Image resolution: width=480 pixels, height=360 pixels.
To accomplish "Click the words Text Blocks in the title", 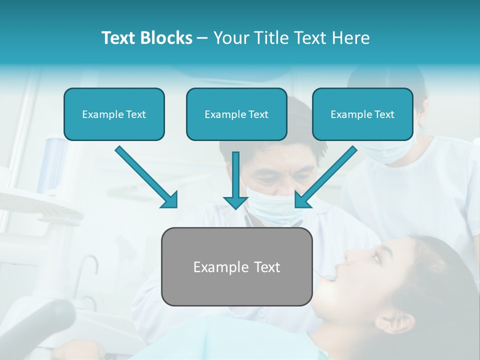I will (146, 38).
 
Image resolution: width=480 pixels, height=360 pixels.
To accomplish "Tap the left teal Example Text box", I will (114, 114).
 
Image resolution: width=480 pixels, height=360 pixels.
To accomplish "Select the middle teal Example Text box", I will (236, 114).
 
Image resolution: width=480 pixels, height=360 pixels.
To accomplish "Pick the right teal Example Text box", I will (362, 114).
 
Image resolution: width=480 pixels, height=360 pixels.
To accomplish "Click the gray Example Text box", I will (236, 266).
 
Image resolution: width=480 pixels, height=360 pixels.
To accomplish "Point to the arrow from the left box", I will (145, 175).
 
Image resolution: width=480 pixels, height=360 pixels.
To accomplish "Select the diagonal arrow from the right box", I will (327, 175).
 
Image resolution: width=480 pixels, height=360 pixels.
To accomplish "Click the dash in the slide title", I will (202, 38).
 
